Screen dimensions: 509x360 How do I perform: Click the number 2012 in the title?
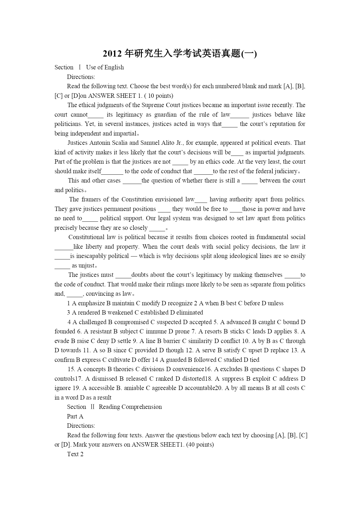pos(112,54)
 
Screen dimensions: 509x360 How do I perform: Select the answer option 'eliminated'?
pos(189,313)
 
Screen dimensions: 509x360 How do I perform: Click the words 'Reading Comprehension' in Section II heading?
pos(130,407)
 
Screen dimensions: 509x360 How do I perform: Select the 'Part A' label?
pos(75,416)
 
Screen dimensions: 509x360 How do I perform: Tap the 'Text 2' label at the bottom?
pos(75,454)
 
